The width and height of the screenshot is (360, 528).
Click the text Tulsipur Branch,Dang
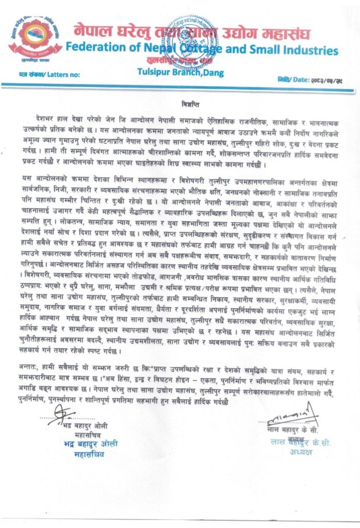[x=181, y=73]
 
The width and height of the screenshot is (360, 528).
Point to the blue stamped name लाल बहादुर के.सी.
[x=301, y=442]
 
